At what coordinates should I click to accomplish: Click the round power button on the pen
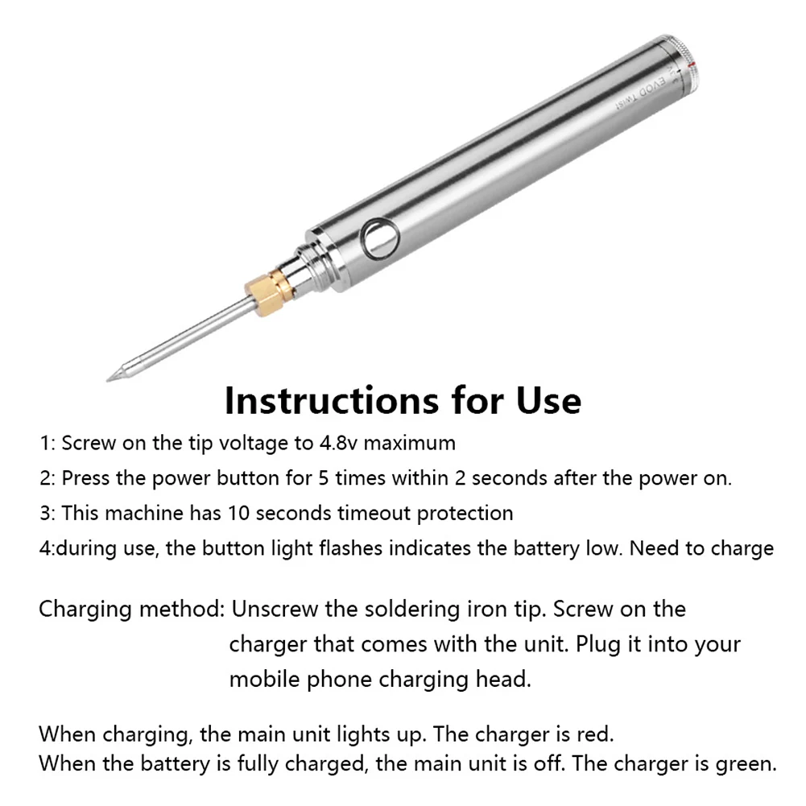coord(380,239)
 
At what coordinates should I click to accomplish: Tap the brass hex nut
coord(268,293)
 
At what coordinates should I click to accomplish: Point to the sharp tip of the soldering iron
coord(107,380)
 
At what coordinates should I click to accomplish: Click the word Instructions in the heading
coord(332,400)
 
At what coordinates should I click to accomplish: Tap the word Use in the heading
coord(548,400)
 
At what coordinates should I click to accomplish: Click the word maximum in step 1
coord(410,443)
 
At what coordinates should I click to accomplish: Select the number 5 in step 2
coord(324,478)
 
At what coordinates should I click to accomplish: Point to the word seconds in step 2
coord(510,478)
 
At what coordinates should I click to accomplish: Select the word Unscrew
coord(275,609)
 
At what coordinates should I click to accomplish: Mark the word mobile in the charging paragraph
coord(264,680)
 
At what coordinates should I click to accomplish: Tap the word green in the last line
coord(746,764)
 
